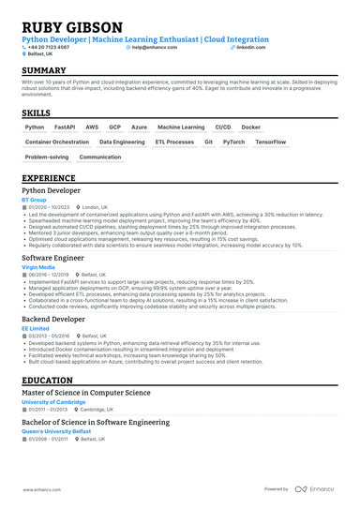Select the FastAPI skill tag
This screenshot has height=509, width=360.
[x=65, y=127]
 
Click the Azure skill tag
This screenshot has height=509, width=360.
[x=139, y=127]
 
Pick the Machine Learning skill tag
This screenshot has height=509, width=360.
[x=181, y=127]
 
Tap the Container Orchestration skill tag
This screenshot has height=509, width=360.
[x=57, y=142]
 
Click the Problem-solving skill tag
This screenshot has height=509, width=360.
[x=47, y=157]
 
